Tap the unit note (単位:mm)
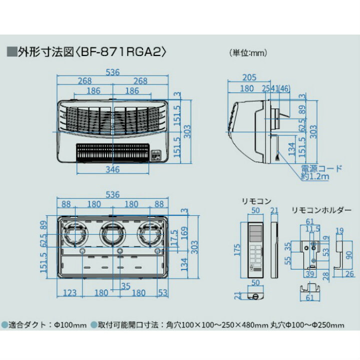248,52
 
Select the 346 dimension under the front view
113,169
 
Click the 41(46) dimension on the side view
279,88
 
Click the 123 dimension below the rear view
69,292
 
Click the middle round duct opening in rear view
111,232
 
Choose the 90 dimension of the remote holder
349,254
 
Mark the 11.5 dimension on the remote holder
310,228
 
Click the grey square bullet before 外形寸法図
10,51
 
